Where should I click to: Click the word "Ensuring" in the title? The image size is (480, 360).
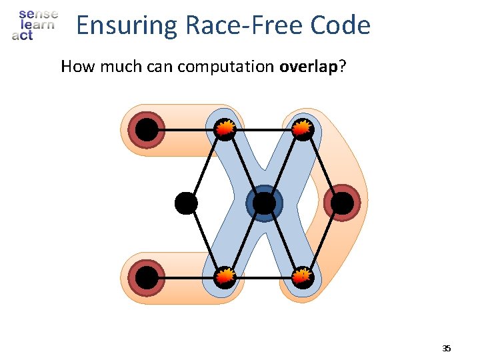click(x=125, y=26)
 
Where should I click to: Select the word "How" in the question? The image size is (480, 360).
click(x=75, y=67)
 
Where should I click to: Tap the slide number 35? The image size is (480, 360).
click(x=447, y=349)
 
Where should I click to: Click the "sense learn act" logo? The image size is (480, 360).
click(x=35, y=25)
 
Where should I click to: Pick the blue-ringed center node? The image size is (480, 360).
click(x=265, y=203)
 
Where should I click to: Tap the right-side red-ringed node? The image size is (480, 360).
click(x=342, y=203)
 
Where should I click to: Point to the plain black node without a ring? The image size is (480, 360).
click(x=186, y=203)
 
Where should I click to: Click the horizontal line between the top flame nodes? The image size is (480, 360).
click(x=265, y=129)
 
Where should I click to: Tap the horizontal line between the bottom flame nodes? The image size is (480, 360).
click(x=265, y=277)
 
